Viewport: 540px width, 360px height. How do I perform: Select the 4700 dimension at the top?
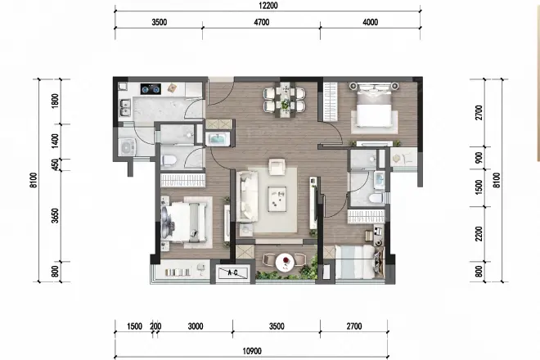(x=267, y=22)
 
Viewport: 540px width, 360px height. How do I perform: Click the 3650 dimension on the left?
(x=55, y=221)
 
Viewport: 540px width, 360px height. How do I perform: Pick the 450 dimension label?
(x=55, y=166)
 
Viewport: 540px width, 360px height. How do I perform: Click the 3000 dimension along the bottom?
(x=195, y=326)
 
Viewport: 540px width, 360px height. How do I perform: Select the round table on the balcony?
(x=286, y=263)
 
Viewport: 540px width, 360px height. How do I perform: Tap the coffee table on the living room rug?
(x=277, y=196)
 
